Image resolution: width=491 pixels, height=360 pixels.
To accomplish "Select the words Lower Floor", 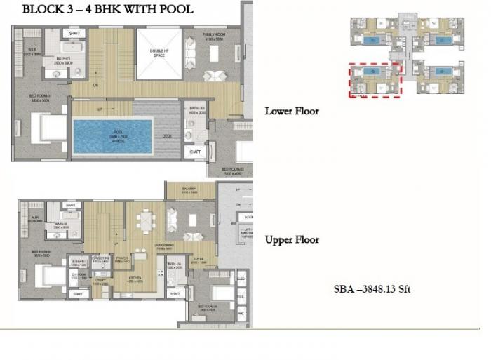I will click(291, 111).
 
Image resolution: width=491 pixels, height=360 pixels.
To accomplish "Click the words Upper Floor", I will click(291, 240).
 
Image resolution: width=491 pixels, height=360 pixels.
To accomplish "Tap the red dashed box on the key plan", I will click(374, 79).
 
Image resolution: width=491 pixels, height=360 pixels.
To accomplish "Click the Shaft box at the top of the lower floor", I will click(74, 33).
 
